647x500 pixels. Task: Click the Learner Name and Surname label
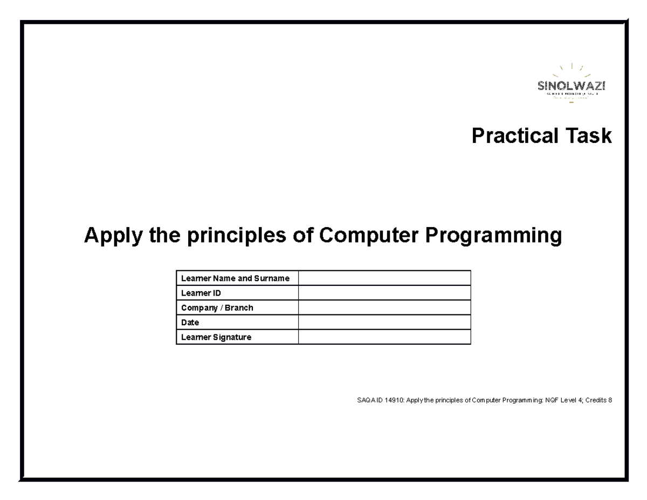pyautogui.click(x=235, y=278)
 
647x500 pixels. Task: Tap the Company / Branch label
pyautogui.click(x=217, y=308)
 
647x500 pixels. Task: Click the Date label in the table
pyautogui.click(x=190, y=323)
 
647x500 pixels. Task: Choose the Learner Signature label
pyautogui.click(x=216, y=337)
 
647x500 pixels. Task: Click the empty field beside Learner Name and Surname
pyautogui.click(x=384, y=278)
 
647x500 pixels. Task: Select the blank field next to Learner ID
pyautogui.click(x=384, y=293)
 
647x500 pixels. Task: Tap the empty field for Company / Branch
pyautogui.click(x=384, y=308)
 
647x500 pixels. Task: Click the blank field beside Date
pyautogui.click(x=384, y=323)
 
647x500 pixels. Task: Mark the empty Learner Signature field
pyautogui.click(x=384, y=337)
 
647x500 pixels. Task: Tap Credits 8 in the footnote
pyautogui.click(x=598, y=400)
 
